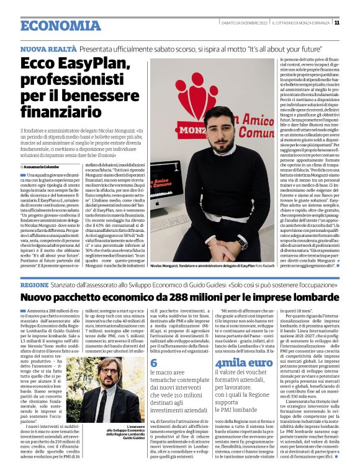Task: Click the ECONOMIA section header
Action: (x=53, y=25)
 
